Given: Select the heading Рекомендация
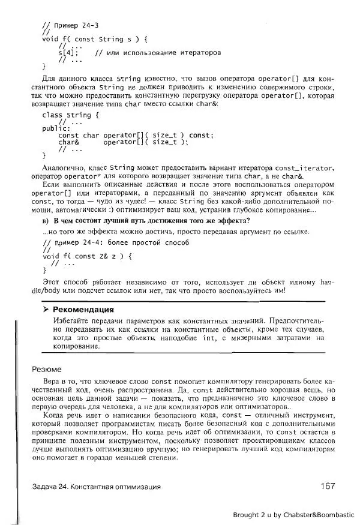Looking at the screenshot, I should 83,310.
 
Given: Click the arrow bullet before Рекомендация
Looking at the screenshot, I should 45,310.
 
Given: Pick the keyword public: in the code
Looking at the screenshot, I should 56,128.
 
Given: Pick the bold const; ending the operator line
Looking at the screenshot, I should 200,135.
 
